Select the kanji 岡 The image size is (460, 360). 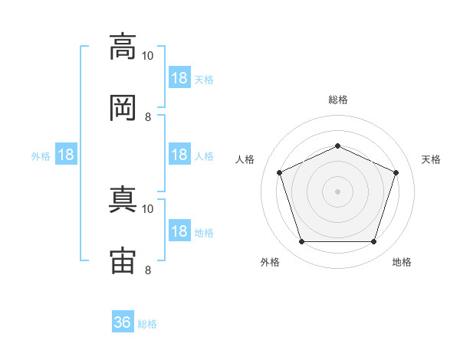tap(123, 108)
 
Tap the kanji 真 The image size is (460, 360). tap(123, 200)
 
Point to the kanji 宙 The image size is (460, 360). tap(123, 261)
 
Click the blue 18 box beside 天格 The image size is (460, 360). tap(179, 78)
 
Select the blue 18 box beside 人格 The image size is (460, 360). tap(179, 155)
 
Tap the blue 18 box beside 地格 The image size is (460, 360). tap(179, 231)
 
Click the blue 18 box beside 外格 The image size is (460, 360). tap(66, 155)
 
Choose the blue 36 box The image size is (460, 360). tap(123, 322)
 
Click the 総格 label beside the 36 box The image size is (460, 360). tap(147, 324)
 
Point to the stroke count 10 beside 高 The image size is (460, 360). tap(148, 56)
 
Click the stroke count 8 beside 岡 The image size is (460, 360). tap(148, 117)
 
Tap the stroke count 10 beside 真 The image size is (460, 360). tap(148, 208)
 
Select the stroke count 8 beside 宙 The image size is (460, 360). tap(148, 270)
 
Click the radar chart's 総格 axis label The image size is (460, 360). tap(337, 100)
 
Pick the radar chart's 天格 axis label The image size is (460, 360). tap(432, 159)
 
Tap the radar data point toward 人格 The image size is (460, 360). tap(279, 172)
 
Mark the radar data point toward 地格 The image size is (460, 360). tap(373, 242)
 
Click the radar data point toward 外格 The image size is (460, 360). tap(301, 242)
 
